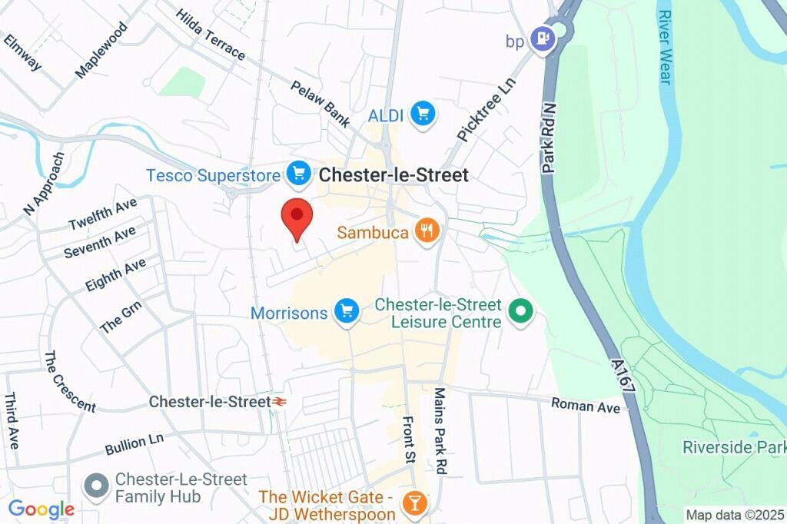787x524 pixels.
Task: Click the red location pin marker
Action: tap(297, 218)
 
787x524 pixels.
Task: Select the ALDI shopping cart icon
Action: tap(422, 114)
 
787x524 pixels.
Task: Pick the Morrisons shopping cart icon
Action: tap(347, 312)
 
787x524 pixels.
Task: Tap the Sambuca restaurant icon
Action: tap(426, 230)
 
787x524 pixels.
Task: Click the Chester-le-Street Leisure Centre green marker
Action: tap(521, 313)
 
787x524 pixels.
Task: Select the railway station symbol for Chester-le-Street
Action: tap(280, 402)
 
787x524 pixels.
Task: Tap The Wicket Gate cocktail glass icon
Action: tap(415, 503)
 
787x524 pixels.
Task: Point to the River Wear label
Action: tap(665, 47)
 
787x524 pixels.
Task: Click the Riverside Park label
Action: tap(733, 447)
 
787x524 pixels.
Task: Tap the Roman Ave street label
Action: tap(586, 405)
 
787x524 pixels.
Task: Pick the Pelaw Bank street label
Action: tap(320, 102)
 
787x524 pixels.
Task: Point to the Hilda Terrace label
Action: tap(211, 35)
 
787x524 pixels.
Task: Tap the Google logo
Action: tap(42, 509)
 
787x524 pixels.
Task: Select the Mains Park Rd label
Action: tap(440, 430)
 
